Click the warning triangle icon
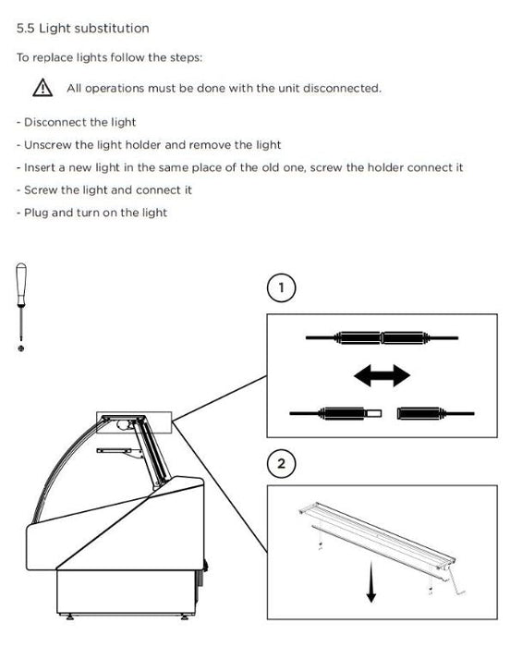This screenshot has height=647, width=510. pyautogui.click(x=42, y=88)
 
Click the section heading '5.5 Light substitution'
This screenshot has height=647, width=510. pyautogui.click(x=83, y=28)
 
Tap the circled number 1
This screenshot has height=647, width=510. pyautogui.click(x=282, y=287)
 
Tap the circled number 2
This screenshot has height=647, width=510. pyautogui.click(x=282, y=463)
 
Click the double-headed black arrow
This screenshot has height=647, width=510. pyautogui.click(x=382, y=375)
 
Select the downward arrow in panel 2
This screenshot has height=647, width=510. pyautogui.click(x=370, y=581)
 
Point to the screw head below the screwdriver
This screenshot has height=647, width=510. pyautogui.click(x=21, y=348)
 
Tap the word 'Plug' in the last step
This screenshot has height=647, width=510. pyautogui.click(x=36, y=213)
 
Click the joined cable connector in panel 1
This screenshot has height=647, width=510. pyautogui.click(x=382, y=337)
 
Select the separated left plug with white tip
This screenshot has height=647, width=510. pyautogui.click(x=336, y=413)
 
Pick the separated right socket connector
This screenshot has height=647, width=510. pyautogui.click(x=435, y=413)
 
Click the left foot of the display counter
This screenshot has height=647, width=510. pyautogui.click(x=69, y=616)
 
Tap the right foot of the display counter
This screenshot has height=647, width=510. pyautogui.click(x=185, y=616)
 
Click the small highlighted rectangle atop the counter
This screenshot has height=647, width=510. pyautogui.click(x=134, y=422)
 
